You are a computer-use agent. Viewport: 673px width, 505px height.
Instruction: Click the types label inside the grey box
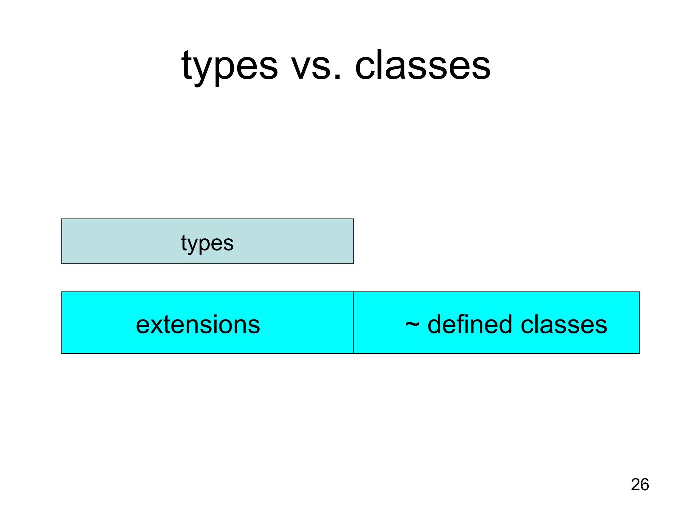point(207,243)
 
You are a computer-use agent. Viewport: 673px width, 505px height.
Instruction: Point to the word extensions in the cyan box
point(198,325)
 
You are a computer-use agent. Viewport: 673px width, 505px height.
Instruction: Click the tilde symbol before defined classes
point(412,324)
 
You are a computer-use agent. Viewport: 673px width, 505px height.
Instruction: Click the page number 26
point(639,485)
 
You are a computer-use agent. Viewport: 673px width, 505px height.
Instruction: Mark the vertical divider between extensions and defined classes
point(353,323)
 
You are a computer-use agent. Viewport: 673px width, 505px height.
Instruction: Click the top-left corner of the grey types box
point(62,219)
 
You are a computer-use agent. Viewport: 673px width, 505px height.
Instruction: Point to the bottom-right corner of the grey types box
point(353,264)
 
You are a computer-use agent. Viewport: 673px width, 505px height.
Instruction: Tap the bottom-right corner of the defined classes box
point(639,353)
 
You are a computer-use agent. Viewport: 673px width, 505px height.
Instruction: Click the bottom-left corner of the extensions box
point(62,353)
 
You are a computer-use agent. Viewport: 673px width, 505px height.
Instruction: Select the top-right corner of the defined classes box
point(639,292)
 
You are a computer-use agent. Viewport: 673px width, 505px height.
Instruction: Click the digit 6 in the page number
point(644,485)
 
